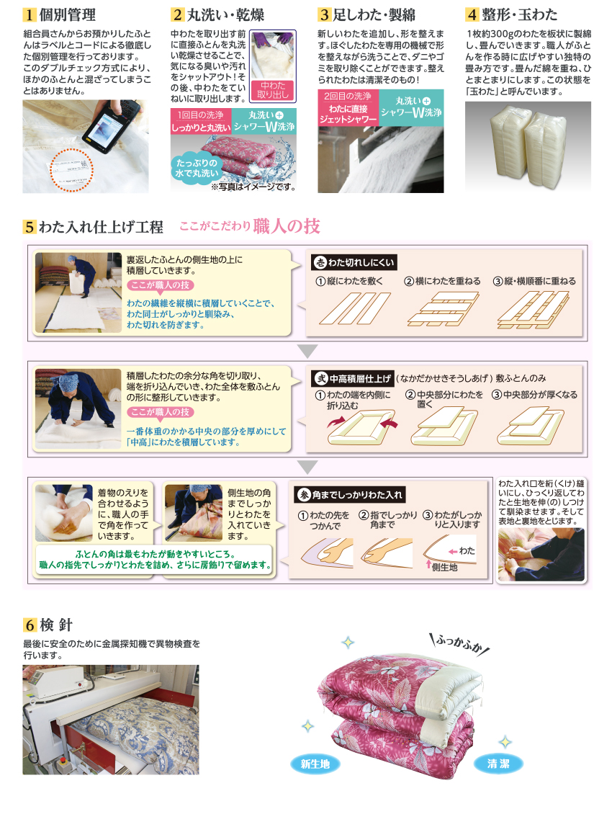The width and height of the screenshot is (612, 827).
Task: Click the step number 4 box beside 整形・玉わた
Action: (472, 14)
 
